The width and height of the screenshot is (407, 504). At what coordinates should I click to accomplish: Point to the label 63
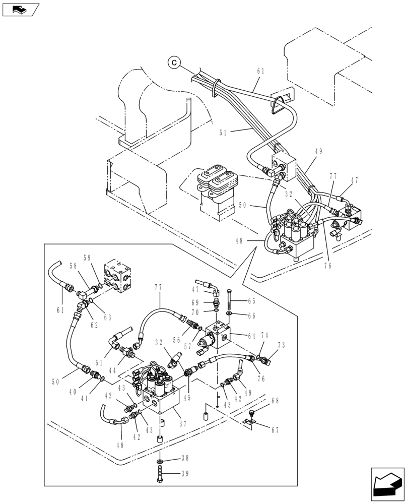(x=107, y=318)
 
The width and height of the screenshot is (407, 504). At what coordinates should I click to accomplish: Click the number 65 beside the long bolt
(x=251, y=301)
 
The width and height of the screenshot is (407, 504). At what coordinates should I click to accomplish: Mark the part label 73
(x=282, y=346)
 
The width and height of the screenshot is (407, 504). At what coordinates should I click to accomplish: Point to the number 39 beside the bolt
(x=185, y=473)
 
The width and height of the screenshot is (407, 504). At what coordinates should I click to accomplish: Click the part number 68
(x=275, y=401)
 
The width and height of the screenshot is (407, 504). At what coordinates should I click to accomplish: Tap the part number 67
(x=274, y=430)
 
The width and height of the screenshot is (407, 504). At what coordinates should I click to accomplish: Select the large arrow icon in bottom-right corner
(x=387, y=484)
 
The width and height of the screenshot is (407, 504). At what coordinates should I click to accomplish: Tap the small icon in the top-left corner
(x=21, y=9)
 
